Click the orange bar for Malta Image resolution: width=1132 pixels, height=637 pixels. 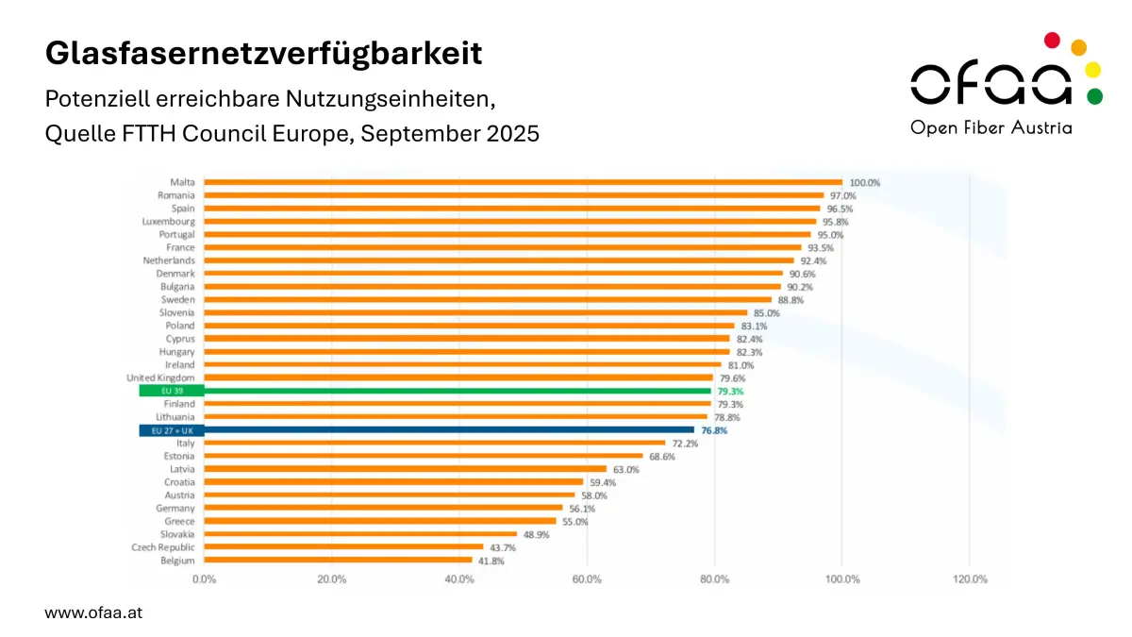[523, 182]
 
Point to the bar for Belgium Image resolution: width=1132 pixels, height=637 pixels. [338, 561]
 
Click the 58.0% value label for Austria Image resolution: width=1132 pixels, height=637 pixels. [593, 495]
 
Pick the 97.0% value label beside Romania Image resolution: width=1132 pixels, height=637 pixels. [842, 195]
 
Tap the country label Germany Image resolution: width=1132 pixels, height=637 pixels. [175, 509]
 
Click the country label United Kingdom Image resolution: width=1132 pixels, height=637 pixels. [161, 377]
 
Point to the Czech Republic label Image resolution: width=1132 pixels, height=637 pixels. [163, 547]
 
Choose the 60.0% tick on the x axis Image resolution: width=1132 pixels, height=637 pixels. [587, 579]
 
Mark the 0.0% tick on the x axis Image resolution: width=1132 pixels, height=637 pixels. [204, 579]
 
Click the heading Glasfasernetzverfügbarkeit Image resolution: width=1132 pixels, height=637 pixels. [263, 54]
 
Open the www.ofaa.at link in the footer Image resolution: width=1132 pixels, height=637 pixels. [93, 612]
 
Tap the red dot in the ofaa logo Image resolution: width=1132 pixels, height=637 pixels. [1053, 40]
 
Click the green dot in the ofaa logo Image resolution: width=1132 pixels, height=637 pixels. [1093, 95]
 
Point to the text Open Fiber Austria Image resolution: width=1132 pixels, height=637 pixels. [990, 127]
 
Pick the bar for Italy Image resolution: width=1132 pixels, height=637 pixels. [435, 444]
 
